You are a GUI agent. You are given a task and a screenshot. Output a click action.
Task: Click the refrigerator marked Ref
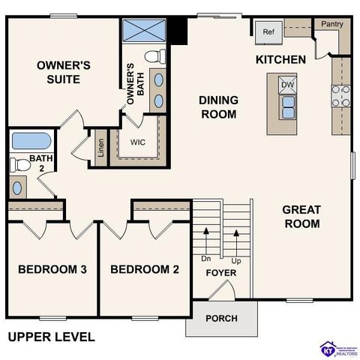(268, 32)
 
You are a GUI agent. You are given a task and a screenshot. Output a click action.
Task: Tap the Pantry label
(331, 25)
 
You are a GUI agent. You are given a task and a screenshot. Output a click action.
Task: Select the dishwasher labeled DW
(287, 85)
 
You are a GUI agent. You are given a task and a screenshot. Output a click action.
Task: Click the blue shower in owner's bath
(143, 31)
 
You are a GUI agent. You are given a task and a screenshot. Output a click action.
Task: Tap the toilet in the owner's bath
(155, 55)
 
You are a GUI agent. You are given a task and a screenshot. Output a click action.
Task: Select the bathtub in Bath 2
(31, 140)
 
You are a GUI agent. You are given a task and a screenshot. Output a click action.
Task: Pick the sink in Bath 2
(19, 187)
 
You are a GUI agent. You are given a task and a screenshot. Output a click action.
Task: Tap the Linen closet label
(100, 147)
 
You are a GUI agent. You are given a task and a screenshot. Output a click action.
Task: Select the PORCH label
(221, 318)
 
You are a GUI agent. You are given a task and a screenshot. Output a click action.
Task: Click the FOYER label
(221, 273)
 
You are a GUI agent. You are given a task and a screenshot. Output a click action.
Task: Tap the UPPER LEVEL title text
(51, 337)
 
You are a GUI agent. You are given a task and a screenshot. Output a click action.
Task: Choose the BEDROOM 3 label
(51, 270)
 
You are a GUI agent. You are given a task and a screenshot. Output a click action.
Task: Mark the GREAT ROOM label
(301, 216)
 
